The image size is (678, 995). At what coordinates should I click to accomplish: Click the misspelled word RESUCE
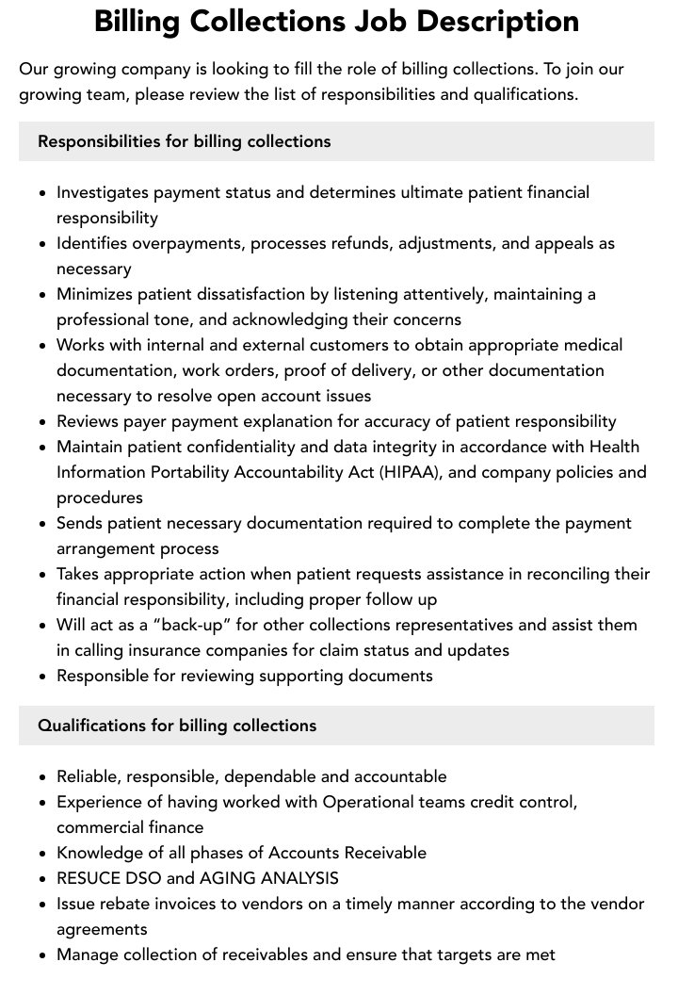click(x=89, y=878)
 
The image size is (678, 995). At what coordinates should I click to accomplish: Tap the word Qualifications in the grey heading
click(x=91, y=726)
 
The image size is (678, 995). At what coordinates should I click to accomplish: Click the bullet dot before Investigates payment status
click(x=43, y=193)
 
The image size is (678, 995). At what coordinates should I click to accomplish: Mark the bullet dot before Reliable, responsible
click(x=43, y=777)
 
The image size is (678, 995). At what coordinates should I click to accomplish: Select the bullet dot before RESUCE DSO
click(x=43, y=879)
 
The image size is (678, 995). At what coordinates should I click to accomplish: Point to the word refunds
click(x=363, y=243)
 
